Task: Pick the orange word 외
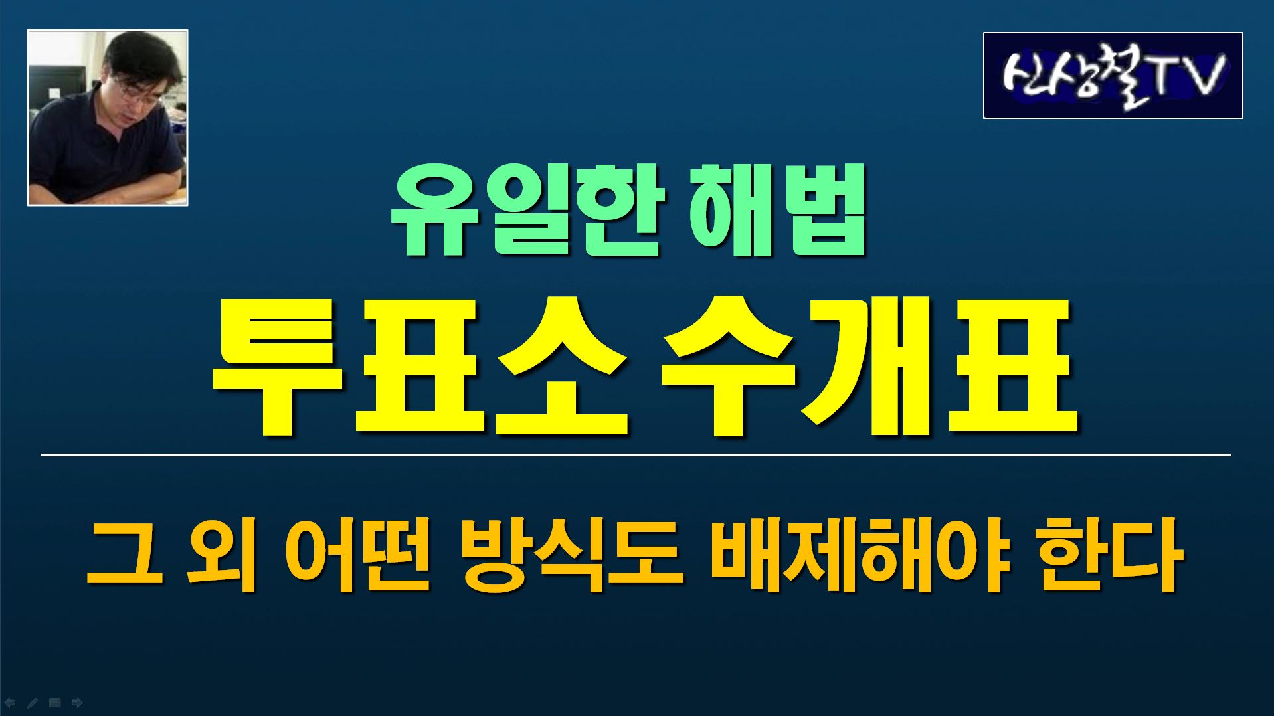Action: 222,557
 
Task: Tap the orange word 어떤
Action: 358,557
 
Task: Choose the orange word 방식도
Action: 571,557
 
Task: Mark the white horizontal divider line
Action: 636,455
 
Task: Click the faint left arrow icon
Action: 10,702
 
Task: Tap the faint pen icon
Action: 32,702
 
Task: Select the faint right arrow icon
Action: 76,702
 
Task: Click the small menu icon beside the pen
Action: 54,702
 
